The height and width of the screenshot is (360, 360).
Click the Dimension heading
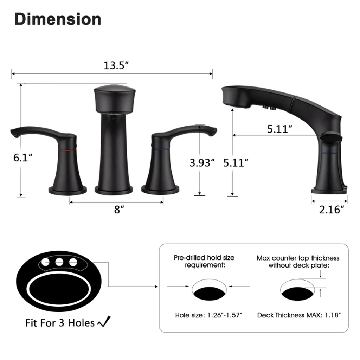[x=58, y=19]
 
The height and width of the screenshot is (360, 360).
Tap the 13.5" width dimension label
[x=116, y=65]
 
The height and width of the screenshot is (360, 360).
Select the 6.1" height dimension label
[x=23, y=157]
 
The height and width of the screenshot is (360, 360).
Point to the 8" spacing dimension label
[x=119, y=210]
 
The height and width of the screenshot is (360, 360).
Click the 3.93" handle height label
[x=202, y=163]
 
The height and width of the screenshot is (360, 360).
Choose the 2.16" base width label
[x=332, y=210]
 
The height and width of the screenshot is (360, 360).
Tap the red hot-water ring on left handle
[x=67, y=150]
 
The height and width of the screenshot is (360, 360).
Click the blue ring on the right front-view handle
[x=160, y=150]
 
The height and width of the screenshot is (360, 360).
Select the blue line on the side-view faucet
[x=330, y=153]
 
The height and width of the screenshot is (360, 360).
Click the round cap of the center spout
[x=115, y=99]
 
